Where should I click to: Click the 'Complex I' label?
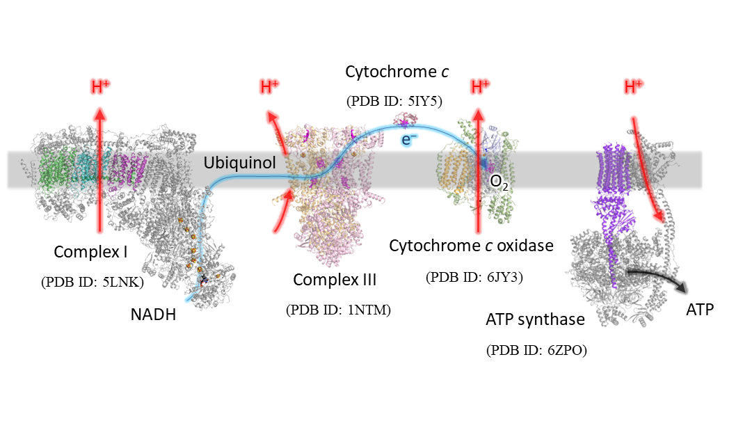pyautogui.click(x=90, y=252)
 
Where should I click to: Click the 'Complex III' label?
pyautogui.click(x=335, y=280)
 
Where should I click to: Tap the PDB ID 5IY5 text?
pyautogui.click(x=394, y=102)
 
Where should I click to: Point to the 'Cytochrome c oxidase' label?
pyautogui.click(x=471, y=246)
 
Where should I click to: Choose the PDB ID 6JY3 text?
pyautogui.click(x=474, y=277)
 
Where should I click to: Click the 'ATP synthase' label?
pyautogui.click(x=535, y=319)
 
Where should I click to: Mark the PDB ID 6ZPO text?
pyautogui.click(x=536, y=350)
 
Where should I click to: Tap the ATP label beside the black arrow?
pyautogui.click(x=700, y=310)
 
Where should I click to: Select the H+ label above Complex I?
pyautogui.click(x=100, y=88)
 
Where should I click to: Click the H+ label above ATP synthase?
pyautogui.click(x=633, y=86)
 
